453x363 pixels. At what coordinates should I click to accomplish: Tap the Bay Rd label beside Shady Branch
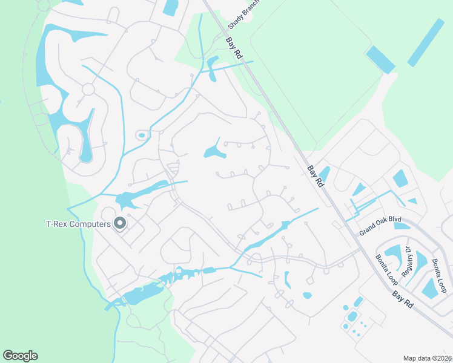point(234,48)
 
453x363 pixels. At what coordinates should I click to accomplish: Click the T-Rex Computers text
point(78,224)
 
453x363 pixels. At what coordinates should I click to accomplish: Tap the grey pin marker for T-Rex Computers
point(120,223)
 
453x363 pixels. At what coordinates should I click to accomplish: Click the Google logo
point(20,356)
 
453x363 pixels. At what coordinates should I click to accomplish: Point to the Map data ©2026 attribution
point(428,358)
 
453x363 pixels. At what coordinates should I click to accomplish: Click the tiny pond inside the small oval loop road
point(142,136)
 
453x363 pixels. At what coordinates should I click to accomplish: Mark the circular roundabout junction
point(88,90)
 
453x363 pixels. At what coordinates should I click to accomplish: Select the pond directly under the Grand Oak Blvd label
point(402,226)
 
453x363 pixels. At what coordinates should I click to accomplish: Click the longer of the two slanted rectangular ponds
point(426,42)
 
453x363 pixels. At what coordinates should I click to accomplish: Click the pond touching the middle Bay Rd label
point(324,175)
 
